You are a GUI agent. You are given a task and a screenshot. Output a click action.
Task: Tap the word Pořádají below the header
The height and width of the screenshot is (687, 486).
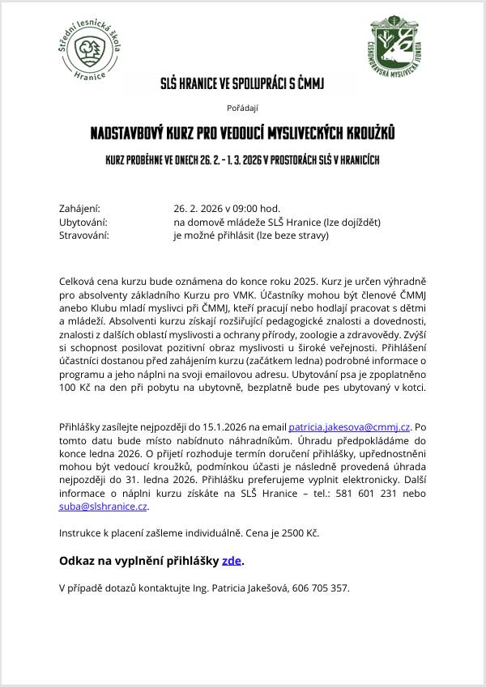[x=242, y=106]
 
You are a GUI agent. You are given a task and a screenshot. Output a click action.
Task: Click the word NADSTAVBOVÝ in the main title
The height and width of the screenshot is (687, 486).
[x=130, y=131]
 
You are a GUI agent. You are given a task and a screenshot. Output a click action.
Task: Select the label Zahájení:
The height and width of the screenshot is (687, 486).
[x=79, y=208]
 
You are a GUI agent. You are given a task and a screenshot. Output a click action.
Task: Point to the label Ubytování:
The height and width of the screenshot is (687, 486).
[x=83, y=222]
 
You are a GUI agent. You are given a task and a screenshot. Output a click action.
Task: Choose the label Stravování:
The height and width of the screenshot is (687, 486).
[x=83, y=235]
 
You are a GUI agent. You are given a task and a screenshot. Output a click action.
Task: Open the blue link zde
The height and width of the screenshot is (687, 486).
[x=231, y=561]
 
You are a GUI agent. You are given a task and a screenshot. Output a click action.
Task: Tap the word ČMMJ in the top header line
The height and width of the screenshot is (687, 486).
[x=310, y=83]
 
